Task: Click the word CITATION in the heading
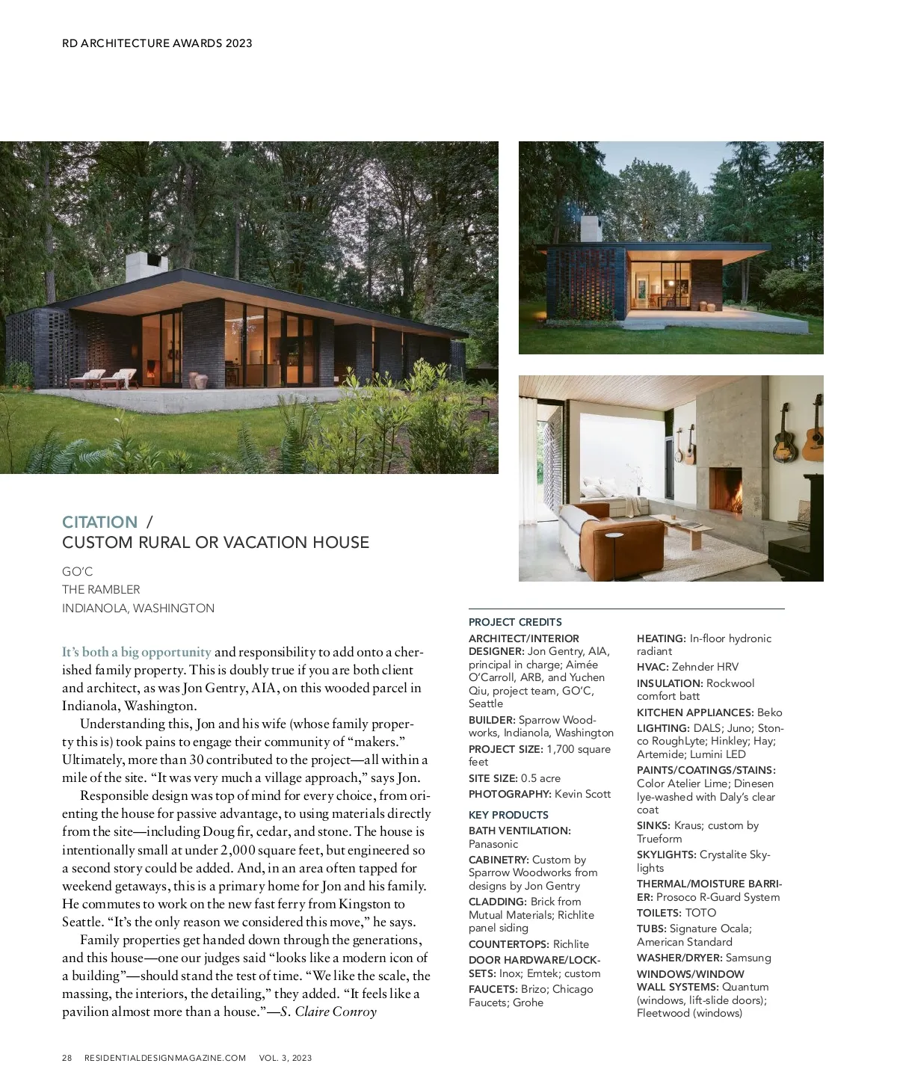pyautogui.click(x=99, y=522)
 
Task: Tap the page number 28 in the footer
pyautogui.click(x=67, y=1058)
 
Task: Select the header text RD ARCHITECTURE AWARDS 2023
pyautogui.click(x=157, y=43)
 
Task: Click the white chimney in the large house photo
pyautogui.click(x=146, y=267)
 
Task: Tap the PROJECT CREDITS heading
pyautogui.click(x=515, y=622)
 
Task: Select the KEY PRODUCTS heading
pyautogui.click(x=508, y=815)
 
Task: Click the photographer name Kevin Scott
pyautogui.click(x=583, y=794)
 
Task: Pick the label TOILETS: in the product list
pyautogui.click(x=659, y=913)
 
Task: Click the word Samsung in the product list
pyautogui.click(x=748, y=958)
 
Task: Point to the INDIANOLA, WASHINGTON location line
pyautogui.click(x=138, y=609)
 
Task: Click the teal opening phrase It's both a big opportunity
pyautogui.click(x=137, y=652)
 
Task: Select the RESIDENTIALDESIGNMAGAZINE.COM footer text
pyautogui.click(x=165, y=1058)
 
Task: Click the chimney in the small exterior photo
pyautogui.click(x=591, y=230)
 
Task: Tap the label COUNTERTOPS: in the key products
pyautogui.click(x=509, y=944)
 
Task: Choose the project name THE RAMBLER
pyautogui.click(x=101, y=590)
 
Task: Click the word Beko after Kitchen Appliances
pyautogui.click(x=769, y=712)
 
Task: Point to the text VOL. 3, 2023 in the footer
pyautogui.click(x=286, y=1058)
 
